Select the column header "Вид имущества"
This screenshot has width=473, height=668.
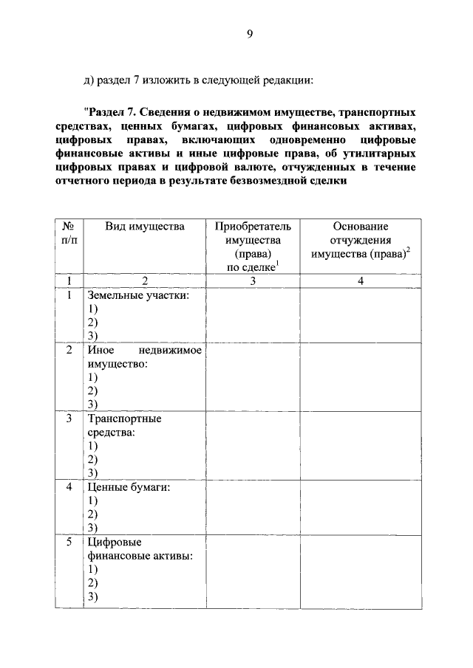click(144, 227)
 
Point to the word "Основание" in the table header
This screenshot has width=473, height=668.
click(361, 227)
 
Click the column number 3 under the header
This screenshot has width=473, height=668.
click(252, 280)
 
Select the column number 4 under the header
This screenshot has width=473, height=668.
click(361, 280)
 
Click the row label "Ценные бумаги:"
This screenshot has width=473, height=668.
click(129, 487)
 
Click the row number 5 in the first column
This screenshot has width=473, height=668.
click(69, 543)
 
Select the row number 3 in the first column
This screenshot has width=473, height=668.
click(69, 419)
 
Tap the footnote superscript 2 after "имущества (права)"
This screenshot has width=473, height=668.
click(408, 250)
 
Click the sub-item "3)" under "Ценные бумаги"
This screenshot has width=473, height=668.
click(92, 528)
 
